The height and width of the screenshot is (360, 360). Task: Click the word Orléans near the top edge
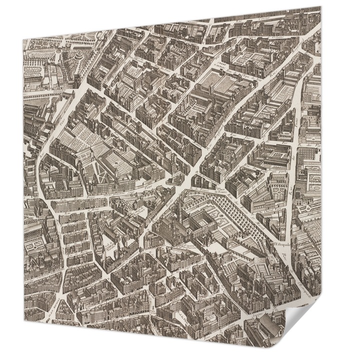click(x=276, y=35)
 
